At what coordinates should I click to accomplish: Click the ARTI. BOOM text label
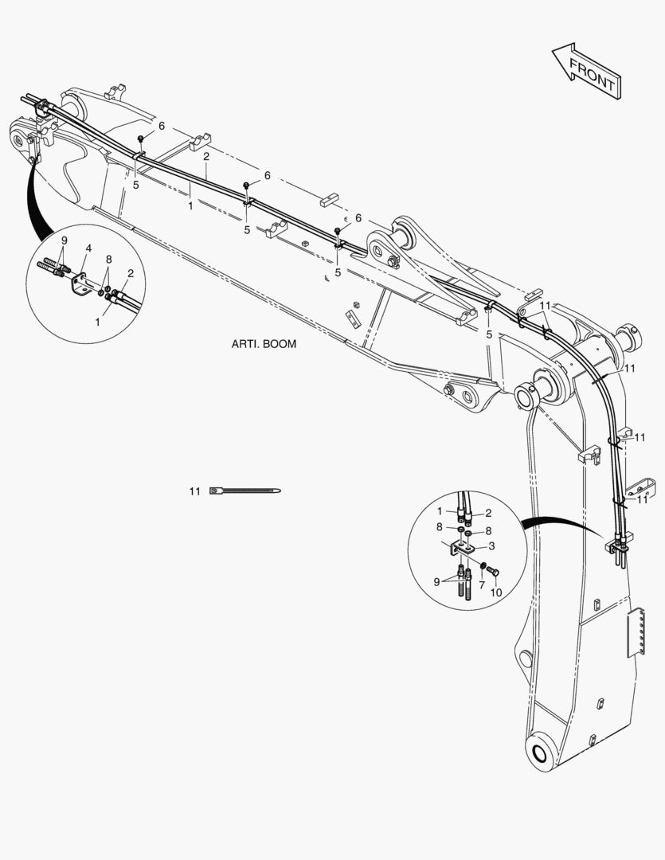click(x=264, y=345)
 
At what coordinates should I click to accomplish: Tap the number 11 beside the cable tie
click(x=194, y=492)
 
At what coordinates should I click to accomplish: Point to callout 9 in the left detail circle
click(x=65, y=240)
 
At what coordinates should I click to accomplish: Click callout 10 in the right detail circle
click(x=495, y=593)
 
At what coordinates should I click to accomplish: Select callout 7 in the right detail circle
click(x=481, y=585)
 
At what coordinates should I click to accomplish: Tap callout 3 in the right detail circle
click(x=492, y=545)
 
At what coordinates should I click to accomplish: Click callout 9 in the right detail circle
click(x=436, y=582)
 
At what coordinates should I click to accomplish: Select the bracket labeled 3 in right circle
click(x=462, y=549)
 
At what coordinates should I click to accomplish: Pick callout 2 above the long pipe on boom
click(x=205, y=156)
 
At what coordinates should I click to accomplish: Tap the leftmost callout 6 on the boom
click(x=162, y=127)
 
